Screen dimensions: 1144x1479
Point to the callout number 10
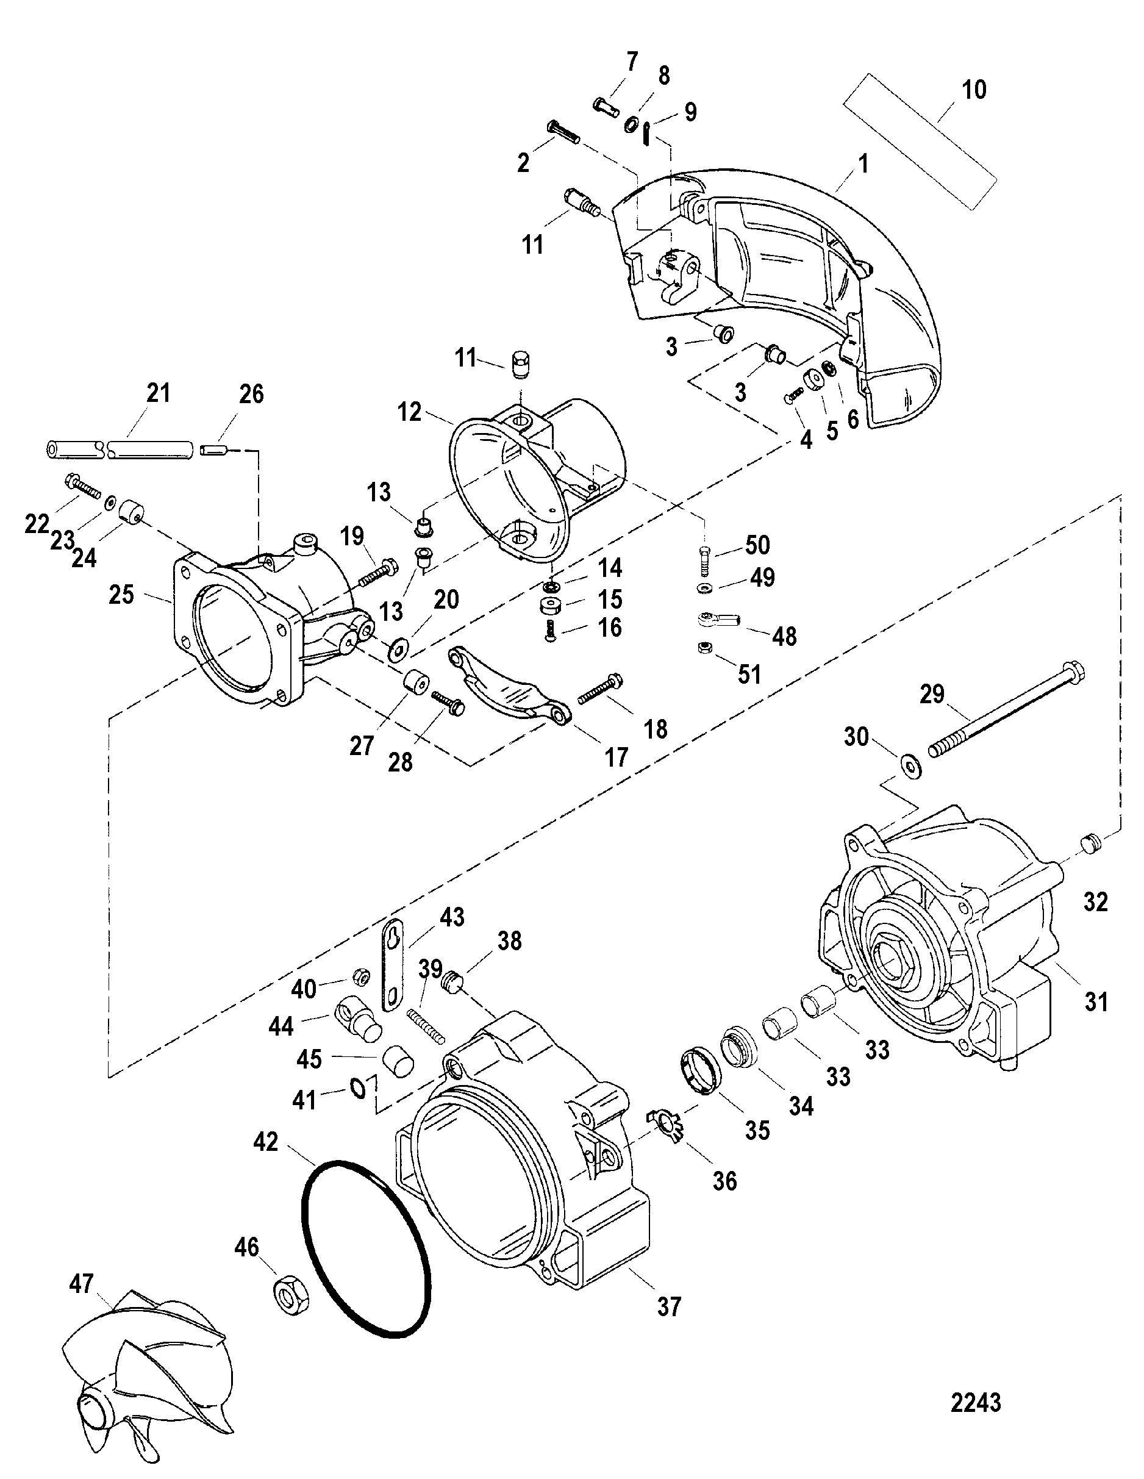coord(974,90)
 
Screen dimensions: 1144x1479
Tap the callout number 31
coord(1096,1001)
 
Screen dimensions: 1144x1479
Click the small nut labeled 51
coord(702,649)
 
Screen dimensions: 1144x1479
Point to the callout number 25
coord(121,595)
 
